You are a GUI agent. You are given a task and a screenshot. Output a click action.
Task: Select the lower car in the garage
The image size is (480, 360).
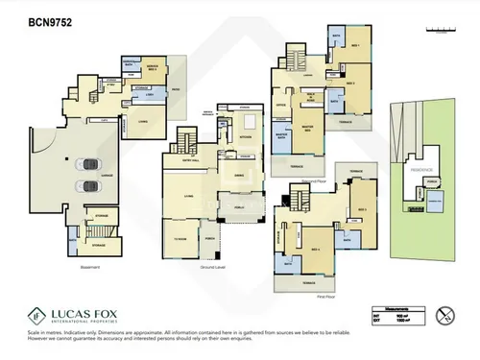(x=88, y=184)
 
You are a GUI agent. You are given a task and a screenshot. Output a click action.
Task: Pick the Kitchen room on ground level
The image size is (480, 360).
(x=246, y=137)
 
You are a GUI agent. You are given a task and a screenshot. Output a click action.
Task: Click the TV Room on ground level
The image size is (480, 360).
(x=179, y=239)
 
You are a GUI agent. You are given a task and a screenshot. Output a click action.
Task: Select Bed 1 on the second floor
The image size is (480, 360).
(x=353, y=46)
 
